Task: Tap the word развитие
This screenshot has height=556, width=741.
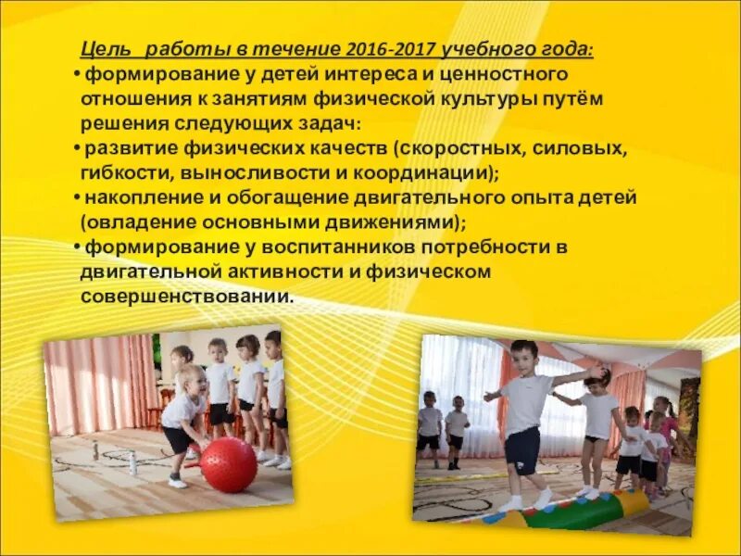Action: point(125,148)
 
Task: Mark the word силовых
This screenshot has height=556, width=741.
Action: point(583,148)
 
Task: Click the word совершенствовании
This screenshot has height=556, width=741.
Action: point(185,297)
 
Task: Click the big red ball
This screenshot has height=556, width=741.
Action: point(229,464)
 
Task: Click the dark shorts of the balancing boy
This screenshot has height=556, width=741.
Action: point(522,449)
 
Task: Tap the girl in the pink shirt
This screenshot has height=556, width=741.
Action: point(662,431)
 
